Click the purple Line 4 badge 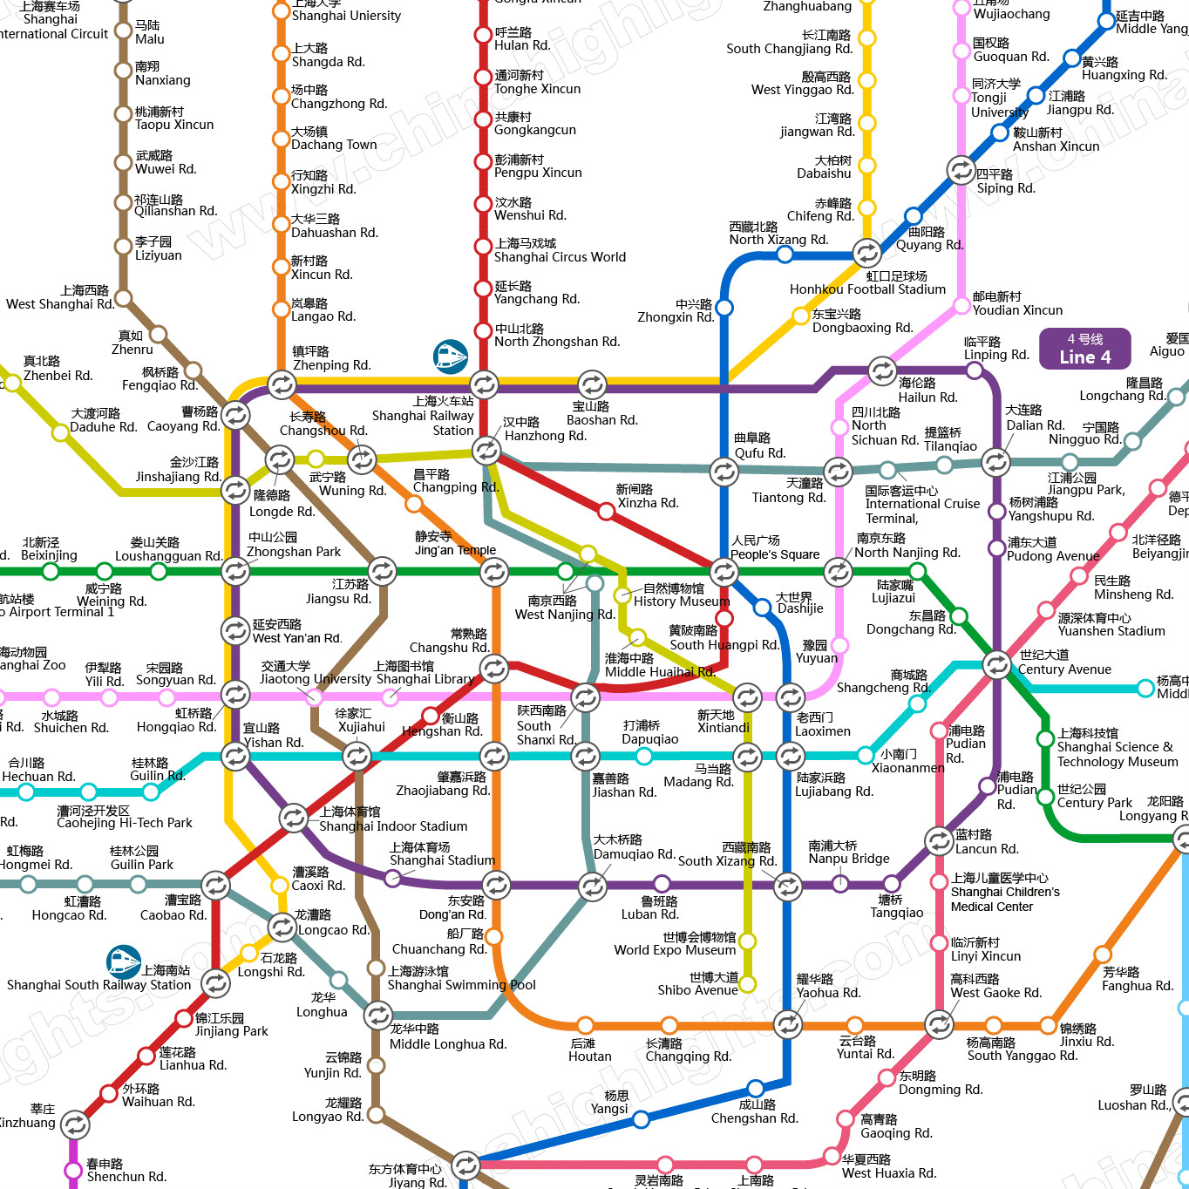1084,349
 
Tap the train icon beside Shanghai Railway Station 451,357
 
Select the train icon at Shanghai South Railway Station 124,961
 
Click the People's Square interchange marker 724,572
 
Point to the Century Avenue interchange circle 995,664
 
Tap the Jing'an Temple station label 455,543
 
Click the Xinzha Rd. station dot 606,511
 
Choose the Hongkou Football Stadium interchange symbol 866,253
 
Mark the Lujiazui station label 893,591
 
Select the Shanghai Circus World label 560,257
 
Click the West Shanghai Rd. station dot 124,299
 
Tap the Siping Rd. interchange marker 961,170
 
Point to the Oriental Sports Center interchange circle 465,1164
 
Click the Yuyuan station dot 840,645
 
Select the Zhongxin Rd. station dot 724,308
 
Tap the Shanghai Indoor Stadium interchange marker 293,818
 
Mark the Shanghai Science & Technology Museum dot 1045,739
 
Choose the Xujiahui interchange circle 357,756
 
